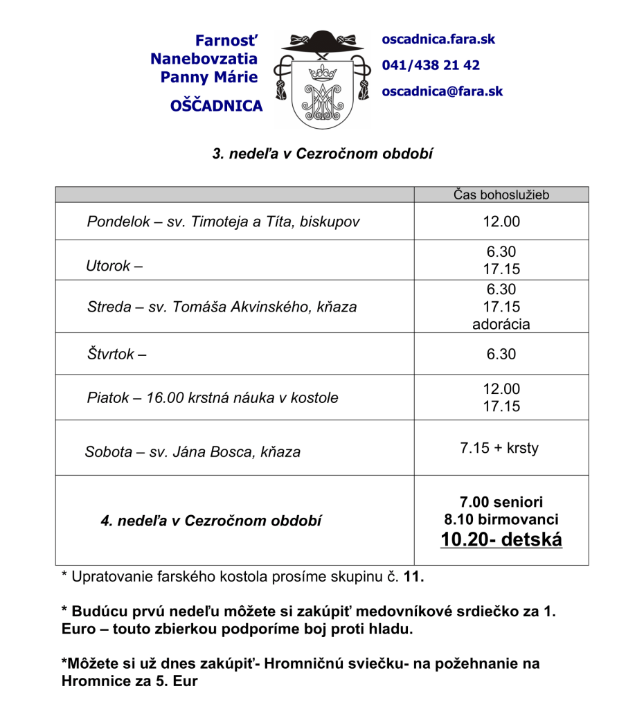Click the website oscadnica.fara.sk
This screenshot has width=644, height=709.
(x=438, y=39)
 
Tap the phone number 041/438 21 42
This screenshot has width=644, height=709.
(x=431, y=65)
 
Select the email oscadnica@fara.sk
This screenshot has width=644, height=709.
(x=442, y=91)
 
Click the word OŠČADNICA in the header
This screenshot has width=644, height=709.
(x=216, y=106)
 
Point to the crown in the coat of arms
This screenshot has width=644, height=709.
(x=321, y=71)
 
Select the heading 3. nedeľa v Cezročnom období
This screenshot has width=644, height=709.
(x=322, y=154)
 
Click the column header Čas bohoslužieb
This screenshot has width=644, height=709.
(x=501, y=195)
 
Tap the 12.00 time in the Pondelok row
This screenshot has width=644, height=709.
(x=501, y=222)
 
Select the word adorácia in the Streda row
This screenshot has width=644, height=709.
(x=501, y=323)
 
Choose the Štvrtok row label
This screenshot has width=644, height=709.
(x=111, y=354)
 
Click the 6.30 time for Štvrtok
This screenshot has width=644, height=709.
(x=501, y=354)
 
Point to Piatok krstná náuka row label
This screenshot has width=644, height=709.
(x=213, y=398)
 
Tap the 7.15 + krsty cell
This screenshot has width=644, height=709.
(x=499, y=448)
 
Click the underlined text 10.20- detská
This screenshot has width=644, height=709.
(x=501, y=539)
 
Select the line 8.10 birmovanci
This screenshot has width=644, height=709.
(x=501, y=519)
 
